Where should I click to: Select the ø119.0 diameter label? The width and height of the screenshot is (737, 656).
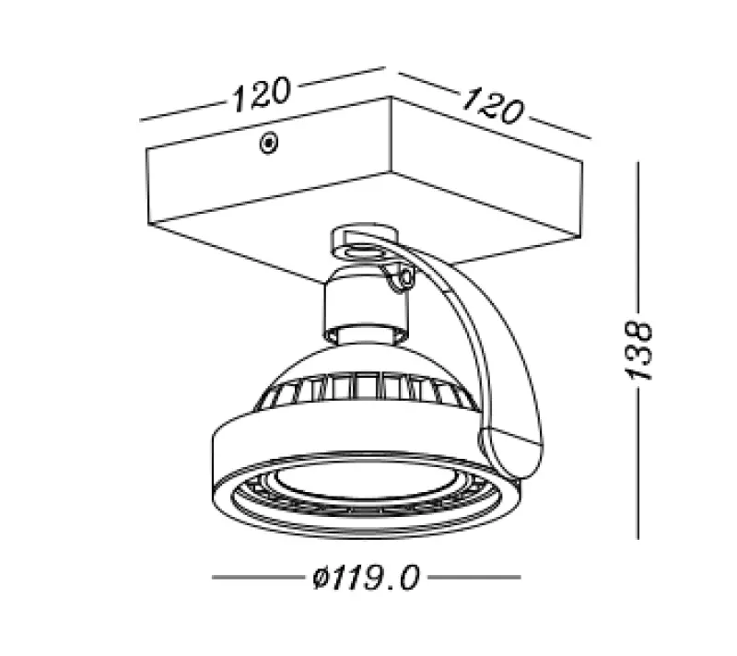[366, 579]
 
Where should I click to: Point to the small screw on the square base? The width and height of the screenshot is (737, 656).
[268, 143]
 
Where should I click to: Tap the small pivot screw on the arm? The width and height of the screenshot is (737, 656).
[400, 277]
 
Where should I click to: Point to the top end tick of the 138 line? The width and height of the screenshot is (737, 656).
[639, 161]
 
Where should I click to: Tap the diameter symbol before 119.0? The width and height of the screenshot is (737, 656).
[319, 580]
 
